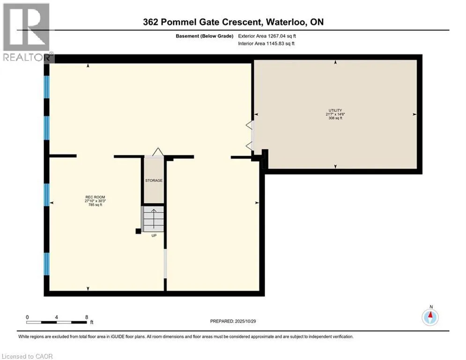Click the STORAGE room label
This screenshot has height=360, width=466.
154,180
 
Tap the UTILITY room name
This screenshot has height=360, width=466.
335,110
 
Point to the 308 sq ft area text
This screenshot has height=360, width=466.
335,118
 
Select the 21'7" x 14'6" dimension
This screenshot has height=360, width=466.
335,114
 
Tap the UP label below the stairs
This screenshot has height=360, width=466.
154,235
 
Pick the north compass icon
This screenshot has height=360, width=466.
430,317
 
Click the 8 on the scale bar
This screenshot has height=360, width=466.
87,317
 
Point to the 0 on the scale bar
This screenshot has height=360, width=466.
28,317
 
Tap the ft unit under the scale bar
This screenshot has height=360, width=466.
92,322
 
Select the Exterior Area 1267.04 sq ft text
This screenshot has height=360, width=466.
266,36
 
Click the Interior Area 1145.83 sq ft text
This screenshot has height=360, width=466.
266,44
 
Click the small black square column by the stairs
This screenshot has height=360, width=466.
138,231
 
